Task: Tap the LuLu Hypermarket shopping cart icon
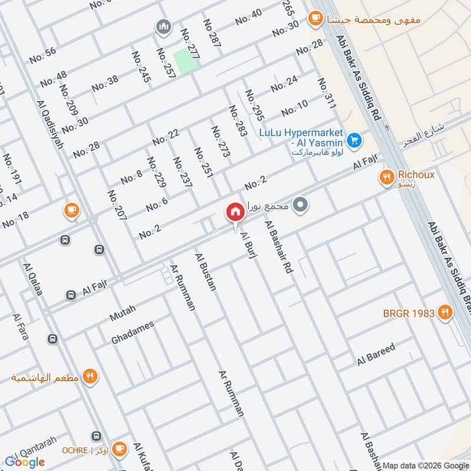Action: (354, 140)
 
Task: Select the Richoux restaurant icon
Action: (387, 176)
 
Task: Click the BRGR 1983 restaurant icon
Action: (446, 313)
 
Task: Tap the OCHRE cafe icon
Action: (119, 449)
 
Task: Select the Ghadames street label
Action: (132, 333)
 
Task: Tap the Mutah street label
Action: (122, 313)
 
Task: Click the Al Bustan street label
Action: (205, 271)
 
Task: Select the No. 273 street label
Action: (220, 141)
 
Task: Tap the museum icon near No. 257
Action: (163, 26)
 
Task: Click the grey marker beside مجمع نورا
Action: (301, 205)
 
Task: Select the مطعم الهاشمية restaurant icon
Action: (90, 376)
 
